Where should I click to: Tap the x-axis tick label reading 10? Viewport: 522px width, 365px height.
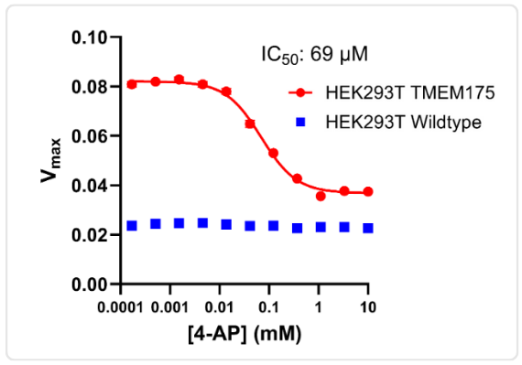coord(368,303)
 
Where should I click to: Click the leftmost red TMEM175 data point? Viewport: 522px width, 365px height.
coord(132,84)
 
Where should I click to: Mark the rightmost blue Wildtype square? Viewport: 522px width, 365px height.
coord(368,228)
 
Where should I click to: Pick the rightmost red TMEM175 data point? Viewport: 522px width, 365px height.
coord(368,191)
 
